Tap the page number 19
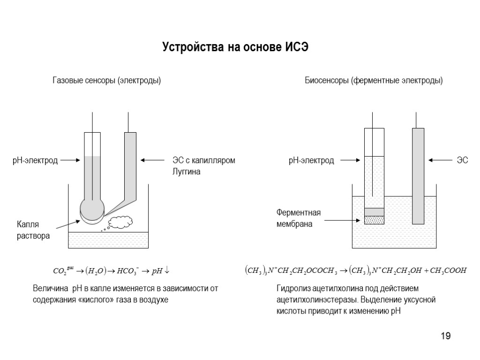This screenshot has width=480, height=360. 445,336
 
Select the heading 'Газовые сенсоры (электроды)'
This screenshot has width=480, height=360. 106,81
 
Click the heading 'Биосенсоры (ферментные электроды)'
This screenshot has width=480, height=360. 374,81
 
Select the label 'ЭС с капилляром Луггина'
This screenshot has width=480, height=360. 201,166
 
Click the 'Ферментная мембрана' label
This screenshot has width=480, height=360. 298,218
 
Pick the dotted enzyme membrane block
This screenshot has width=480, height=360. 374,219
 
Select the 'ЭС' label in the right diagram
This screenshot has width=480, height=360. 463,160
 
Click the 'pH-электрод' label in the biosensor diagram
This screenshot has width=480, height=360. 311,160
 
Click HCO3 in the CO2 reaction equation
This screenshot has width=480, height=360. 127,271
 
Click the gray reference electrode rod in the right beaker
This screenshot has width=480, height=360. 418,176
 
